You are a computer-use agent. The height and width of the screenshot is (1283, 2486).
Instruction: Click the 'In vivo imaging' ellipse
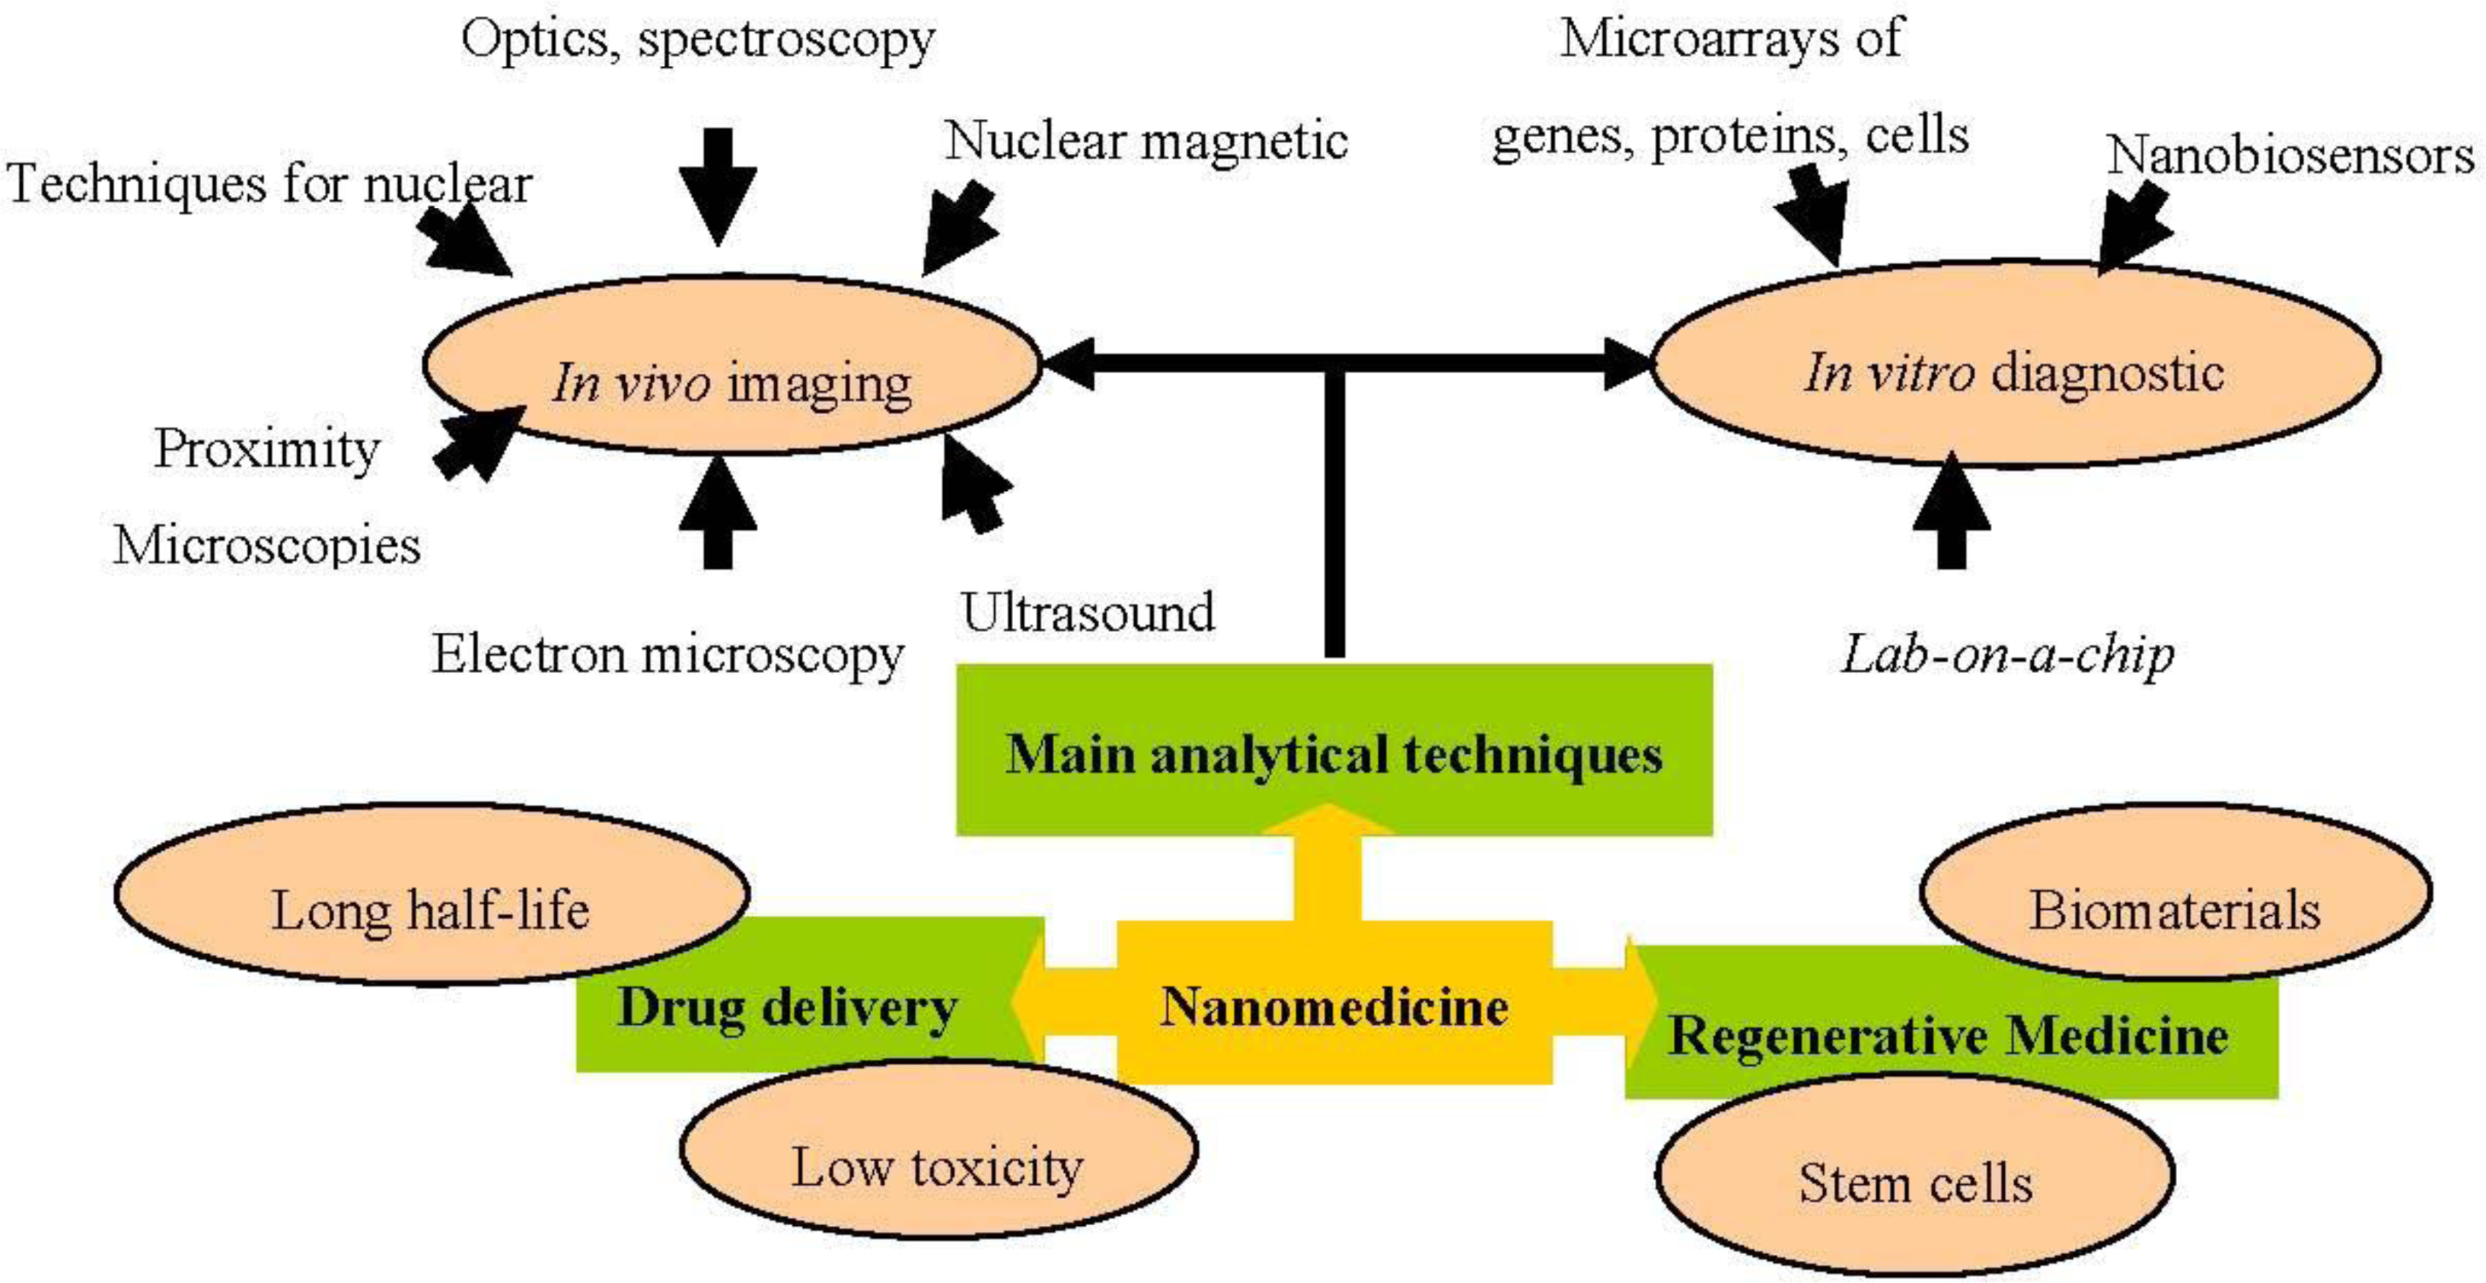coord(731,365)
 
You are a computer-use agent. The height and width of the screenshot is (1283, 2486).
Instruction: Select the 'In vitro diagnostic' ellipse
coord(2015,363)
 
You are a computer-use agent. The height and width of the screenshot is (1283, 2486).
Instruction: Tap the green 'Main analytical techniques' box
coord(1334,749)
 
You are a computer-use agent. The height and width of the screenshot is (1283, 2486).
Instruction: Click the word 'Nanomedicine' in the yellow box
coord(1334,1006)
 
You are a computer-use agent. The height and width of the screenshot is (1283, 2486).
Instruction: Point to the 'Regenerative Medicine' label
coord(1948,1035)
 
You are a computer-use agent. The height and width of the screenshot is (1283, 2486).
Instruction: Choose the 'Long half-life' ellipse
coord(432,894)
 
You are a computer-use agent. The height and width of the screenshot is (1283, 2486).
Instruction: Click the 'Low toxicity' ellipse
coord(938,1149)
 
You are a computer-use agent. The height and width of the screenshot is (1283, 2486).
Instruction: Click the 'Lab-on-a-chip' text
coord(2007,656)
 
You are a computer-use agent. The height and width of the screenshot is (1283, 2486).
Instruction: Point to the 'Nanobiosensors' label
coord(2289,155)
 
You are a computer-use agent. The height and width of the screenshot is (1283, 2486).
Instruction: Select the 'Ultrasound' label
coord(1088,612)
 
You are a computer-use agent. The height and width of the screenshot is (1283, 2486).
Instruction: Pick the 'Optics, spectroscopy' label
coord(698,40)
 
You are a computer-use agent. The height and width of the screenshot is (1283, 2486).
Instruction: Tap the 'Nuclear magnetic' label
coord(1146,141)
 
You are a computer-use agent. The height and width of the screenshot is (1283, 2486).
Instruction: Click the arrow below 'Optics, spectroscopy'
coord(717,187)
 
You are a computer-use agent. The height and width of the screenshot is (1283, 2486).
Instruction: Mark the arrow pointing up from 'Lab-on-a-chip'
coord(1952,509)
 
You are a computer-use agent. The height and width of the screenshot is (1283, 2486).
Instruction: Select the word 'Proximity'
coord(266,450)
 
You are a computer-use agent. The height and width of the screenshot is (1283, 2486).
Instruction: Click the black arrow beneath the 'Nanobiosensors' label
coord(2134,228)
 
